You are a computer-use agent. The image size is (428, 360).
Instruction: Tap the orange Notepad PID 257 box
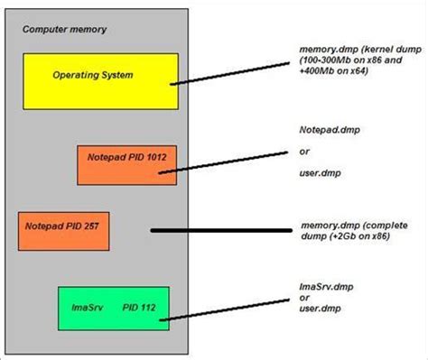[63, 231]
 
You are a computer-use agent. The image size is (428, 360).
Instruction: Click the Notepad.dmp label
[323, 130]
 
